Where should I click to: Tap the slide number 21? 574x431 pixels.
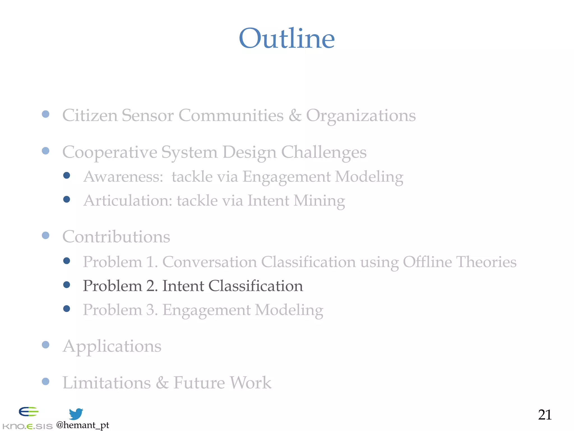click(545, 415)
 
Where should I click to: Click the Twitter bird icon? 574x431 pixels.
click(76, 414)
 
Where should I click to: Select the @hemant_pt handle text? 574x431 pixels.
click(82, 425)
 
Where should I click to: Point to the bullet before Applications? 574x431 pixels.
click(45, 345)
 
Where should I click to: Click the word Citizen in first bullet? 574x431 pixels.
click(90, 115)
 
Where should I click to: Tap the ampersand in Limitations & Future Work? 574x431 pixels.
click(162, 382)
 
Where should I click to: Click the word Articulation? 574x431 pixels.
click(128, 201)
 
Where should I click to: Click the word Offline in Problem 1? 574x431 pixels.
click(427, 262)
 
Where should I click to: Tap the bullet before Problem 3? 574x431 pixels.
click(66, 309)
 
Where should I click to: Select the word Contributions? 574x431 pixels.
click(116, 237)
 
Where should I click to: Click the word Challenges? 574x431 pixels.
click(323, 152)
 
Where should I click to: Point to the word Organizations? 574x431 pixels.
click(361, 115)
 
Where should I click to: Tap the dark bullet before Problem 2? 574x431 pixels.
click(66, 285)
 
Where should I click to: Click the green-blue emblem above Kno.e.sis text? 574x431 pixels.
click(28, 412)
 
